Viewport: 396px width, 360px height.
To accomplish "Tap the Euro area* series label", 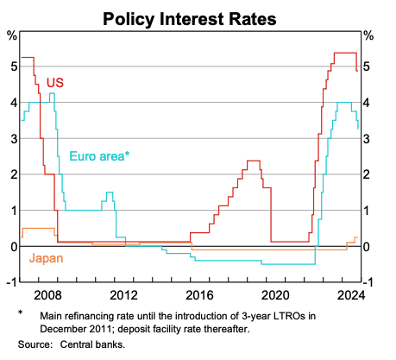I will pyautogui.click(x=99, y=156).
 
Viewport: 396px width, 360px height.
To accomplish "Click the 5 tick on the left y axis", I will pyautogui.click(x=12, y=66).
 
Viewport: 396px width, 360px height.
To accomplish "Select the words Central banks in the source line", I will pyautogui.click(x=92, y=344).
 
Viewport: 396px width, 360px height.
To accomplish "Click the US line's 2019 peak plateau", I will pyautogui.click(x=254, y=161).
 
